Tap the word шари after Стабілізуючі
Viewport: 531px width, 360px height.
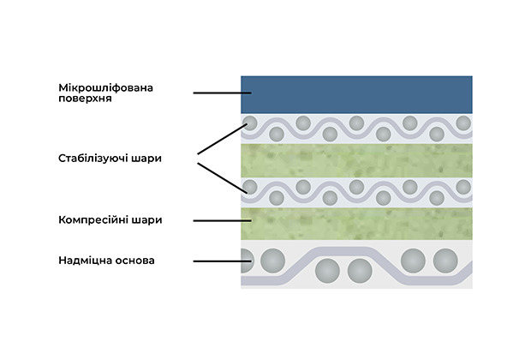(146, 159)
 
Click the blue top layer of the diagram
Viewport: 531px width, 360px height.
(355, 94)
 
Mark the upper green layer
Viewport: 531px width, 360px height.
(355, 160)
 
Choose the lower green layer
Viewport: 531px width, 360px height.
(355, 221)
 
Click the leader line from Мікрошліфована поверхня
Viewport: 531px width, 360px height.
(216, 93)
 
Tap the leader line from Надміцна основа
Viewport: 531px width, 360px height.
(217, 261)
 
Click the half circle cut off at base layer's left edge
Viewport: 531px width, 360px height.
(246, 258)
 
